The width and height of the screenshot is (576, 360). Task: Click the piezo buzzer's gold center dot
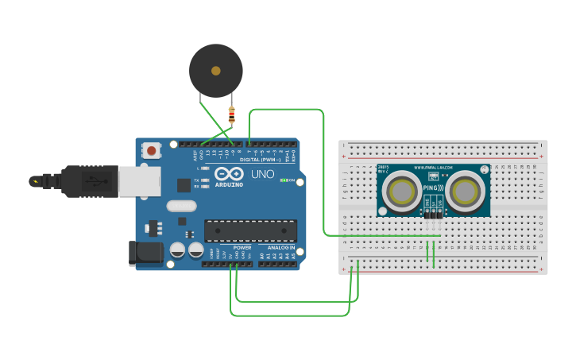pyautogui.click(x=215, y=71)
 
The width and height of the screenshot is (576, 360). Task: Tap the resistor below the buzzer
pyautogui.click(x=231, y=116)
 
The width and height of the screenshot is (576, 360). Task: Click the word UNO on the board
pyautogui.click(x=263, y=174)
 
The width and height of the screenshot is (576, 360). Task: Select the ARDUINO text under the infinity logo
pyautogui.click(x=229, y=184)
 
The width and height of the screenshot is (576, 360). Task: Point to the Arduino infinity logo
pyautogui.click(x=229, y=173)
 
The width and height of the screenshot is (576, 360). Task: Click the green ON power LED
pyautogui.click(x=284, y=180)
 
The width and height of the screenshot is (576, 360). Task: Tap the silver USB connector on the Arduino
pyautogui.click(x=138, y=180)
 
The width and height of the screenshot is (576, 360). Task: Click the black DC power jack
pyautogui.click(x=147, y=254)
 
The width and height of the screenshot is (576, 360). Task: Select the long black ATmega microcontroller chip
pyautogui.click(x=251, y=230)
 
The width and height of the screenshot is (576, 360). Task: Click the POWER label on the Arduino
pyautogui.click(x=242, y=247)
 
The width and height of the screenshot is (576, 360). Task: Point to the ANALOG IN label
pyautogui.click(x=280, y=247)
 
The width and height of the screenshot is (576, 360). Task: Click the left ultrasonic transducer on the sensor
pyautogui.click(x=401, y=191)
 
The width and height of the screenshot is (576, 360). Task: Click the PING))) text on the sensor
pyautogui.click(x=433, y=187)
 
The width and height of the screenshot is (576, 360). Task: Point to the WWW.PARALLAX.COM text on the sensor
pyautogui.click(x=433, y=168)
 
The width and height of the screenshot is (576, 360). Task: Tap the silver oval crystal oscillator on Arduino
pyautogui.click(x=181, y=206)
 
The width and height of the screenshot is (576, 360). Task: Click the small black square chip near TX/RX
pyautogui.click(x=184, y=185)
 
